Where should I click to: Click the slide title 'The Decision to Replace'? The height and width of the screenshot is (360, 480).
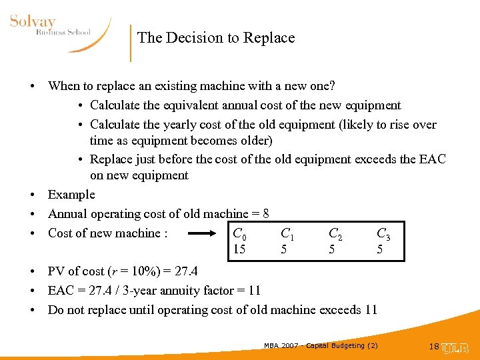point(216,38)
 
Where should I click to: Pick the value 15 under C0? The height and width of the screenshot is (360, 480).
point(239,249)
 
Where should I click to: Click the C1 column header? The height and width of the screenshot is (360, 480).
point(287,233)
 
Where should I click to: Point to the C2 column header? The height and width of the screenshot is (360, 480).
point(335,233)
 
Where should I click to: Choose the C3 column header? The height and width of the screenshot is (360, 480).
point(383,233)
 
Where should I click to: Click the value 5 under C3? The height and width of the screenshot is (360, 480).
point(380,249)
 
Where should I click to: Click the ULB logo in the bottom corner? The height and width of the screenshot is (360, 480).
point(457,347)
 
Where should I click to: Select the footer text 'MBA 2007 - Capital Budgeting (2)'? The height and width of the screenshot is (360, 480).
point(321,345)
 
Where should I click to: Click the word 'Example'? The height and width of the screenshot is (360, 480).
point(71,195)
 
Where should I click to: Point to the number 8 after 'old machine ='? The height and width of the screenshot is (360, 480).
point(266,214)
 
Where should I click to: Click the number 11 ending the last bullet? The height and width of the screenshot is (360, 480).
point(371,310)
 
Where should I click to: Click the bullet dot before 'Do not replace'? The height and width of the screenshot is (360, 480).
point(32,310)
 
